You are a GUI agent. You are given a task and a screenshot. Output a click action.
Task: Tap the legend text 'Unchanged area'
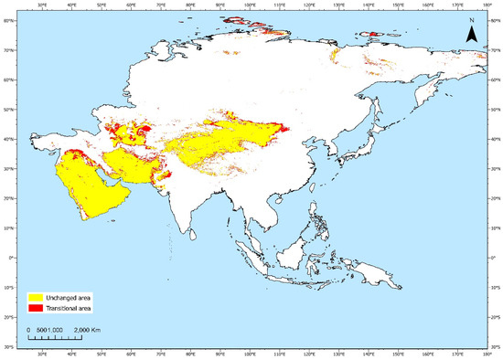click(76, 297)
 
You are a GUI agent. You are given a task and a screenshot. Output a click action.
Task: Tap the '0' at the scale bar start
click(28, 328)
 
